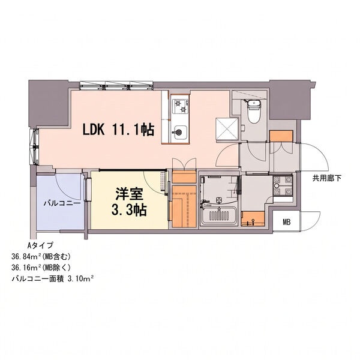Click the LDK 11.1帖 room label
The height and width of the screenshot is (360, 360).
coord(118,130)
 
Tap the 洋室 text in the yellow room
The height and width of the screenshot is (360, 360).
coord(129,194)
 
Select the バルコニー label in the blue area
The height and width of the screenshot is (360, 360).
coord(62,203)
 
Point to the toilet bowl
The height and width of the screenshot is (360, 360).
coord(254,112)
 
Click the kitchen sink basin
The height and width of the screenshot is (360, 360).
coord(180,132)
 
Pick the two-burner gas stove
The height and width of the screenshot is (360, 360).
coord(181,106)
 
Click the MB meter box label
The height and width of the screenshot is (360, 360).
coord(287,222)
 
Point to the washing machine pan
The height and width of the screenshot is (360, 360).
coord(283,186)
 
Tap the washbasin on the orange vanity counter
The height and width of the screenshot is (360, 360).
coord(253,221)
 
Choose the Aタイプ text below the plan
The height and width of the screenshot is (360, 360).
coord(40,245)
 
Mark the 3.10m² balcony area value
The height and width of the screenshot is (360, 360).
coord(80,279)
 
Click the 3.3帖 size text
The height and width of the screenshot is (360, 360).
coord(129,209)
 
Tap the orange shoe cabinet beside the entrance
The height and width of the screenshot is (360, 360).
coord(281,136)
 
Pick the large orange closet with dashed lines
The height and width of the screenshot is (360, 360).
coord(184,206)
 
